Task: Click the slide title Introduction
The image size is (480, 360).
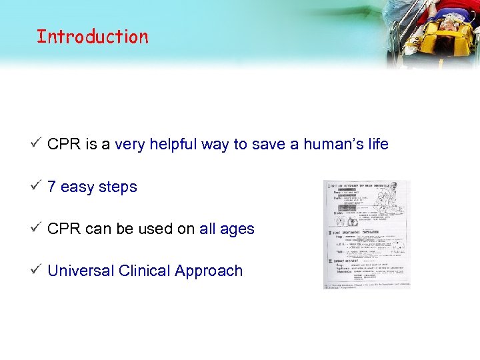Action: [x=93, y=37]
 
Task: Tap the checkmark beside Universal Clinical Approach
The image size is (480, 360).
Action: [x=37, y=270]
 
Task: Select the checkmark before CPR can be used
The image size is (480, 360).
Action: [x=37, y=228]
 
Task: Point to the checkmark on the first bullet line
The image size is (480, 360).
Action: [x=37, y=143]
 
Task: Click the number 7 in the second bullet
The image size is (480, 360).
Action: [x=51, y=187]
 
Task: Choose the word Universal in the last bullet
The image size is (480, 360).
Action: [x=81, y=271]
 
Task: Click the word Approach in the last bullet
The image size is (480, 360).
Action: [x=209, y=271]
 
